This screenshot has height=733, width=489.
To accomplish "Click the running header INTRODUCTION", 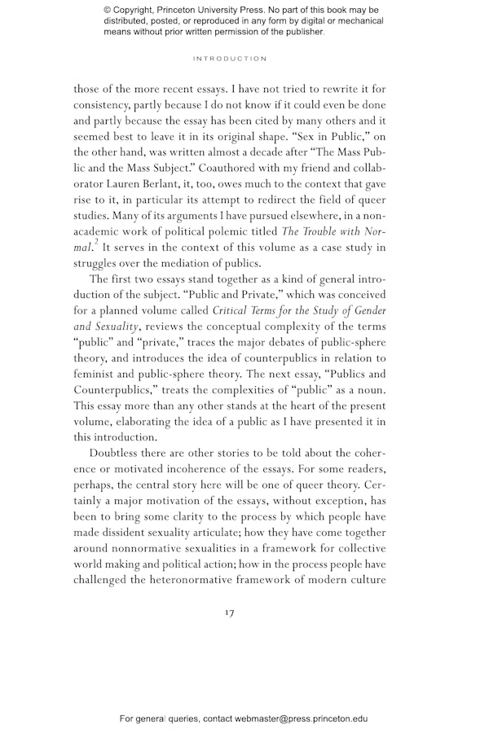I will tap(229, 59).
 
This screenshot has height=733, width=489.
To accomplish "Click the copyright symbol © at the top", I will tap(108, 11).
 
